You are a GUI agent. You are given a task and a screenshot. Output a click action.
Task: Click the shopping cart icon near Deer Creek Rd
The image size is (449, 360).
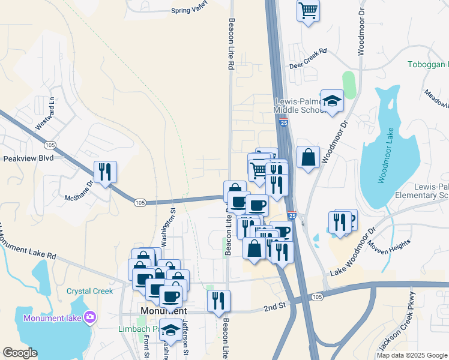(x=308, y=10)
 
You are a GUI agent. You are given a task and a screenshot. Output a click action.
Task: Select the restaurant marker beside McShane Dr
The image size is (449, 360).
(x=105, y=172)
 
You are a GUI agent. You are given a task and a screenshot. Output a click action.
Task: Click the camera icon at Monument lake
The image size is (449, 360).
(x=90, y=316)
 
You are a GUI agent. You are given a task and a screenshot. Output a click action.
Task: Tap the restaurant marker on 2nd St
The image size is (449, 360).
(x=218, y=301)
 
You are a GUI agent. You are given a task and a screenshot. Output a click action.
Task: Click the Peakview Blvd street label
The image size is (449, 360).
(x=28, y=158)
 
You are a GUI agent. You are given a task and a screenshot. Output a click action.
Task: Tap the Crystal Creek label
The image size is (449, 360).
(x=89, y=292)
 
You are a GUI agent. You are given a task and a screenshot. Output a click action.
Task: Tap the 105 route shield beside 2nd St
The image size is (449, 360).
(x=318, y=297)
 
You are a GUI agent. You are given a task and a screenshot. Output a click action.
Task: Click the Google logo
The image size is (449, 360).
(x=20, y=353)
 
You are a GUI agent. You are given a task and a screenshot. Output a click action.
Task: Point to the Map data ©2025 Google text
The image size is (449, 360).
(x=411, y=355)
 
